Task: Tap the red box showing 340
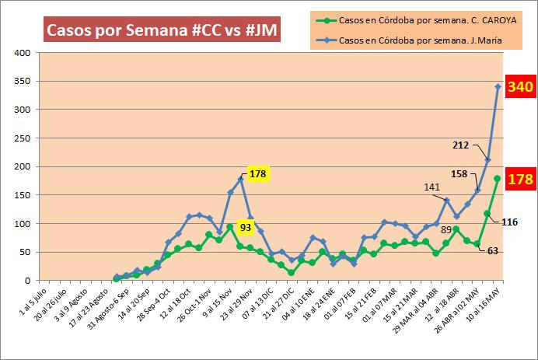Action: tap(519, 87)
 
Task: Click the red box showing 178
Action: tap(519, 180)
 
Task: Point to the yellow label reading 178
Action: tap(259, 173)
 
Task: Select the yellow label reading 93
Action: tap(245, 227)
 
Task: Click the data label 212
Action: tap(460, 144)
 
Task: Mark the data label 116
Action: tap(509, 222)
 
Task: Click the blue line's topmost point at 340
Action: tap(498, 86)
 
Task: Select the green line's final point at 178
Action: tap(498, 179)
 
